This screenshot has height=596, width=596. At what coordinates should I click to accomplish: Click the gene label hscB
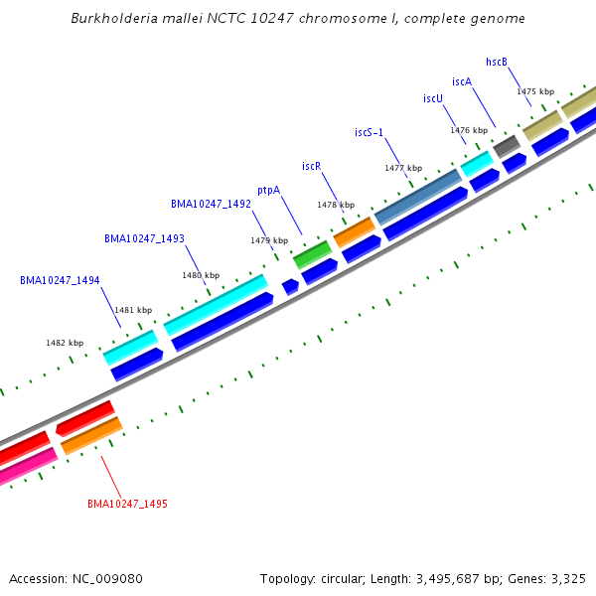click(x=497, y=62)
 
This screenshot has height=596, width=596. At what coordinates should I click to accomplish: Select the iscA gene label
click(x=462, y=81)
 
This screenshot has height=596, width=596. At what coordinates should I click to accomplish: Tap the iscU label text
click(x=433, y=98)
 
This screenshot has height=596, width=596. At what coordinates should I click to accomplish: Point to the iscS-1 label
click(x=370, y=132)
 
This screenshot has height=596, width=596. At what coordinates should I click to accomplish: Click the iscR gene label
click(x=312, y=166)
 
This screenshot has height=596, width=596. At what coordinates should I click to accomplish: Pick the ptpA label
click(x=268, y=190)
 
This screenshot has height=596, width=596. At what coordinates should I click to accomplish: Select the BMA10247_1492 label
click(x=211, y=204)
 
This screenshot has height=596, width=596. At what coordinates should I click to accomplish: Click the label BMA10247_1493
click(x=144, y=238)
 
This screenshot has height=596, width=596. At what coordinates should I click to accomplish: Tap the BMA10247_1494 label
click(x=60, y=280)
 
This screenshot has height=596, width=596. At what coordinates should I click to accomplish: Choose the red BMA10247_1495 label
click(x=127, y=504)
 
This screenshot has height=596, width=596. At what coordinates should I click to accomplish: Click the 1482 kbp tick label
click(x=65, y=343)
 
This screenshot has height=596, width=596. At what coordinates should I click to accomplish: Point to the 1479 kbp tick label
click(x=269, y=240)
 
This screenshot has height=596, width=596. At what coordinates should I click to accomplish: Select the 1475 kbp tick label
click(x=534, y=91)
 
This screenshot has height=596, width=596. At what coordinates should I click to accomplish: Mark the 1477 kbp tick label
click(x=403, y=168)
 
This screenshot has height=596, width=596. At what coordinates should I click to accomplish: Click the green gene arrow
click(x=312, y=253)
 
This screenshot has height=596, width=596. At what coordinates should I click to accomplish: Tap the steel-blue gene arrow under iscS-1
click(x=417, y=197)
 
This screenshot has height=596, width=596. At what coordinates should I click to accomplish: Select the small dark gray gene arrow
click(x=507, y=145)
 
